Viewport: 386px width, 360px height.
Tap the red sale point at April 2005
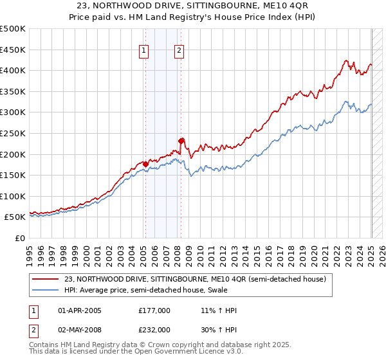coord(145,164)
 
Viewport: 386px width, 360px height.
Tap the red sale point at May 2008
coord(181,141)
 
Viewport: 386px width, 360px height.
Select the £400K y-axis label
coord(14,70)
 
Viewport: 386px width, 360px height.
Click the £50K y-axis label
coord(16,217)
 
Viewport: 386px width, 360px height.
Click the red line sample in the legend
coord(47,279)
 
